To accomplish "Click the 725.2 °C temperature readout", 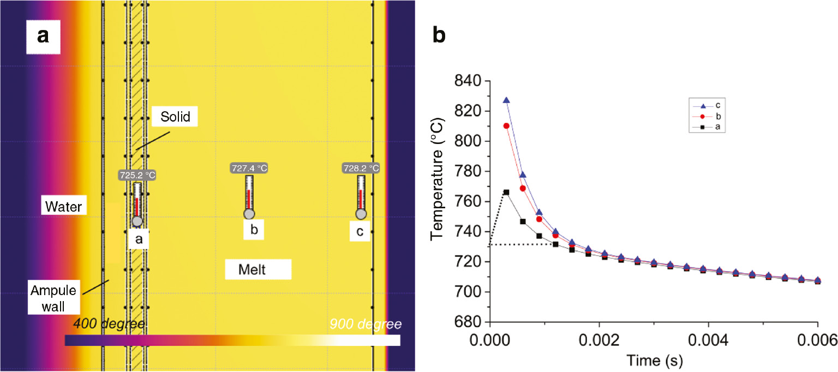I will point(137,175).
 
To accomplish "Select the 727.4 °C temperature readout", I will point(249,169).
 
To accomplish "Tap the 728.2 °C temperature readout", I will point(361,169).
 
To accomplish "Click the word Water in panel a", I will point(63,207).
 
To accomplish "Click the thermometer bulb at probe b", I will point(249,214).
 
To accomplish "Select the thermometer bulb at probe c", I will point(361,214).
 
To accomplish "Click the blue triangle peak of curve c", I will point(506,100).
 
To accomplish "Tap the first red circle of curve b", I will point(506,125).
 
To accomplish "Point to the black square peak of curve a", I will point(506,192).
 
